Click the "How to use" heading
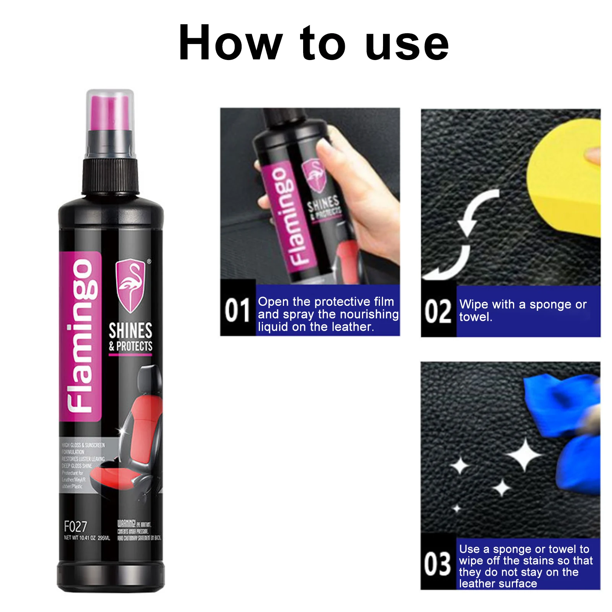[313, 43]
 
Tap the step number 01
[237, 310]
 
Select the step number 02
[438, 311]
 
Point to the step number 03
[438, 564]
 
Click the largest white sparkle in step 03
[524, 455]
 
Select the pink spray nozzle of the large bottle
[110, 113]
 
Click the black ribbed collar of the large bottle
[110, 176]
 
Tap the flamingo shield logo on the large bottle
[131, 285]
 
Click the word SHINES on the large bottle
[130, 330]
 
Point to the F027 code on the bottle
[75, 526]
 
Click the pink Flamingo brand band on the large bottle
[80, 336]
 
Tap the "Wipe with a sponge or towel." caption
[522, 310]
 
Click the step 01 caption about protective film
[328, 314]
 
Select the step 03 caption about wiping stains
[526, 566]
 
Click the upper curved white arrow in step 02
[478, 210]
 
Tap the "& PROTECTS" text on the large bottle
[130, 346]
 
